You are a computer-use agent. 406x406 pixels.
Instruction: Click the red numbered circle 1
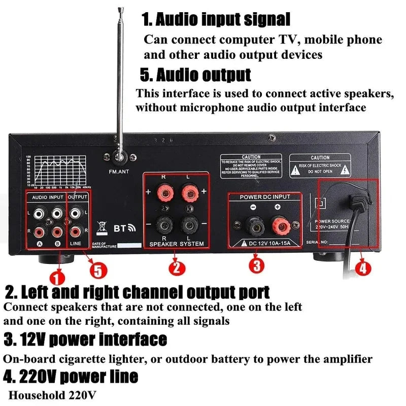coord(57,277)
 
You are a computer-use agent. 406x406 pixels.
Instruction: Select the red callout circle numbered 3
coord(256,264)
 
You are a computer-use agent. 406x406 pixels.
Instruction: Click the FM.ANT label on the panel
coord(119,172)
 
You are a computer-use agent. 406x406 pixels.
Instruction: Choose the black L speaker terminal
coord(189,223)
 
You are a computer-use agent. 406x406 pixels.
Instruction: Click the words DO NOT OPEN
coord(320,172)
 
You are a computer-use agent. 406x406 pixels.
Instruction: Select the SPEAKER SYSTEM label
coord(176,244)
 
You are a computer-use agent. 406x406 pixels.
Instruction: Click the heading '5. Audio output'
coord(195,75)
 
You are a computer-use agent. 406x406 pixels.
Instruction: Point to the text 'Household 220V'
coord(53,394)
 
